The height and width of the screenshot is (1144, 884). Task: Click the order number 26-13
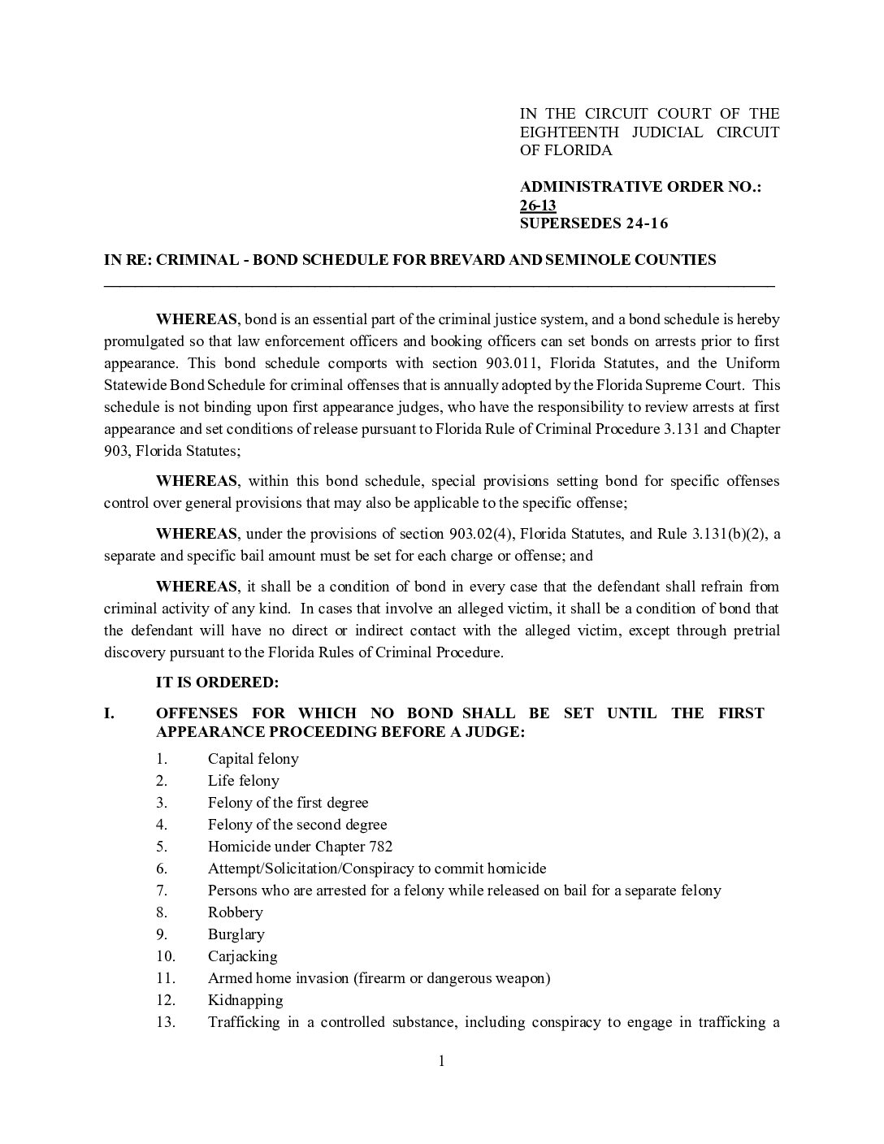(x=538, y=206)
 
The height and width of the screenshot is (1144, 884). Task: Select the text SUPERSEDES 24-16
(x=594, y=223)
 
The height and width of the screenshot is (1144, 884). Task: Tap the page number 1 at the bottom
(x=442, y=1061)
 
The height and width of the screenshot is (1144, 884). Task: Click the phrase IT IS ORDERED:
(x=217, y=683)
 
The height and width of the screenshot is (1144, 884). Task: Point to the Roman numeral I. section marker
(x=110, y=713)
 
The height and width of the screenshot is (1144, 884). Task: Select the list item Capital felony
(x=253, y=759)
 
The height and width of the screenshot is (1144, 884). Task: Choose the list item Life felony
(x=243, y=781)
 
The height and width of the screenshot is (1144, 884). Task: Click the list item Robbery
(x=235, y=912)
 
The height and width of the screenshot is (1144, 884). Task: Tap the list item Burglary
(x=236, y=934)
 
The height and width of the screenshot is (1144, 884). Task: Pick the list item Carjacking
(x=242, y=956)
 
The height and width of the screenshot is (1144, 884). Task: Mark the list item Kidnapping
(x=245, y=1000)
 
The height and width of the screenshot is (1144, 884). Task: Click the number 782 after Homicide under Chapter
(x=380, y=847)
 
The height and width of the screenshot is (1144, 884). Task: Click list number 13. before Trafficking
(x=166, y=1022)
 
